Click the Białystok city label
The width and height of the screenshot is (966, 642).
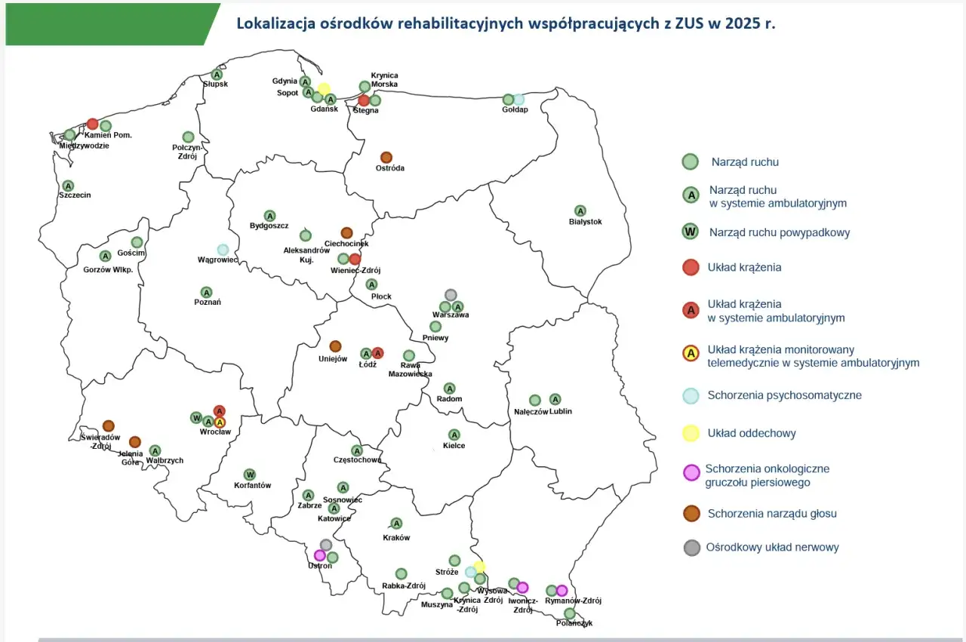click(x=585, y=222)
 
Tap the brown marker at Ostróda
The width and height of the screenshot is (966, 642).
click(x=386, y=157)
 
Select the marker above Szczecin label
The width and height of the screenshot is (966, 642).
click(x=68, y=186)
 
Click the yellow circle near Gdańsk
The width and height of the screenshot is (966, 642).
click(x=324, y=89)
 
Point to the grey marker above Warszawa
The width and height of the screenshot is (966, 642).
click(x=451, y=294)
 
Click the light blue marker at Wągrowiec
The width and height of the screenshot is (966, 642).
click(x=223, y=250)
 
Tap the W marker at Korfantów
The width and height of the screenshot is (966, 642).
click(x=250, y=475)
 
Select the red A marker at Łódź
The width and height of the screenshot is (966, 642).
click(x=378, y=353)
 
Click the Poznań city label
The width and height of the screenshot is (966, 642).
click(x=207, y=303)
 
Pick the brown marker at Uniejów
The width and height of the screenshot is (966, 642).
click(x=335, y=346)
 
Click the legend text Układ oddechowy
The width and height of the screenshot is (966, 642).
click(x=751, y=433)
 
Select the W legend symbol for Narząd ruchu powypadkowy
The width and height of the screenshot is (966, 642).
click(x=690, y=232)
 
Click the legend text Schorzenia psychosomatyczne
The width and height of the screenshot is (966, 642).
click(x=784, y=395)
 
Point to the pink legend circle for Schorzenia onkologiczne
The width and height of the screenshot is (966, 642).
click(x=691, y=473)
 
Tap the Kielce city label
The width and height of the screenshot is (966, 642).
click(x=454, y=446)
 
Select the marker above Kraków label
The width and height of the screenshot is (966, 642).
click(x=396, y=524)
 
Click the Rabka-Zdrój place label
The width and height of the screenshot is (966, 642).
click(x=404, y=586)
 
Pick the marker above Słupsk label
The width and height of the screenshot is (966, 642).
click(x=217, y=75)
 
